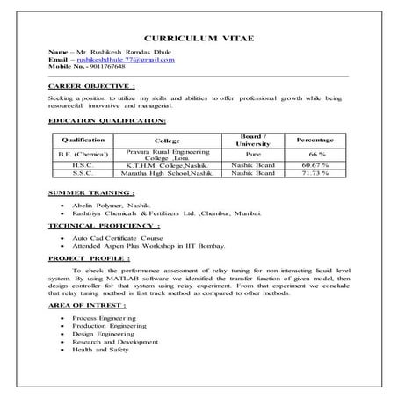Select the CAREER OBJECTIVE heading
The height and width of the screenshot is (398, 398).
pyautogui.click(x=92, y=87)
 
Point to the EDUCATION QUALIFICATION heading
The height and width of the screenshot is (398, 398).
pyautogui.click(x=107, y=119)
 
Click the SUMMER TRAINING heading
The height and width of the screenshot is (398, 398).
pyautogui.click(x=90, y=192)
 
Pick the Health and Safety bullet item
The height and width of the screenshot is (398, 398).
pyautogui.click(x=102, y=350)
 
